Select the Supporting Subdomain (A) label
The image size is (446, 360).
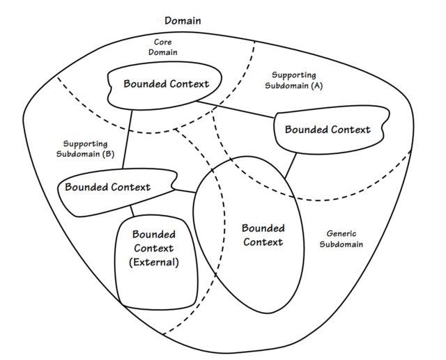[293, 80]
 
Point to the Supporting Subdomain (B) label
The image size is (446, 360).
[84, 149]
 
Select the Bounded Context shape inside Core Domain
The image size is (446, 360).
[166, 84]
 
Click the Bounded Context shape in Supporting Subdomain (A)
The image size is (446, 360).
[327, 130]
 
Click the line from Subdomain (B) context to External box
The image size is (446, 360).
[131, 212]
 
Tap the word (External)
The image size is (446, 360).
[154, 263]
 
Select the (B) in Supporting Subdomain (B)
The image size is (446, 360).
[107, 154]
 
